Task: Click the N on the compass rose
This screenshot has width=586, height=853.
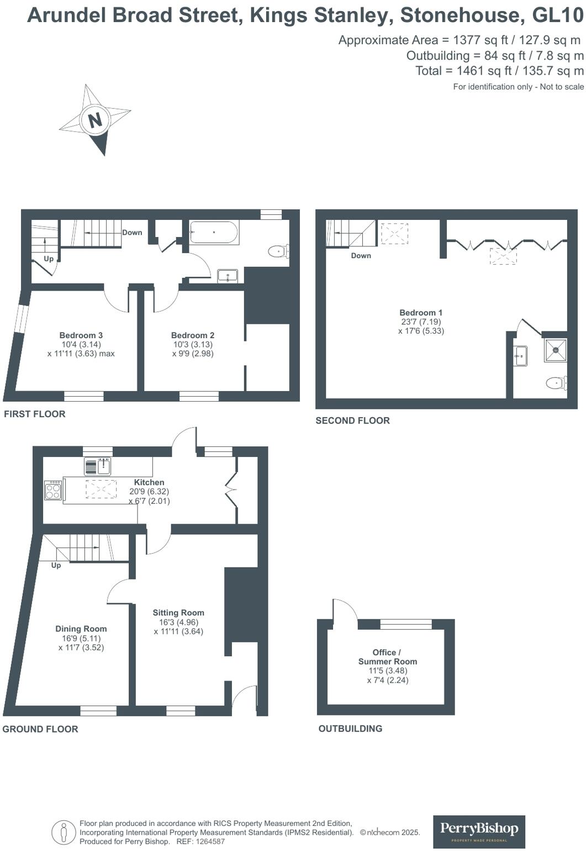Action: point(95,120)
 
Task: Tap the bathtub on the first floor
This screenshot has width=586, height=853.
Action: point(214,233)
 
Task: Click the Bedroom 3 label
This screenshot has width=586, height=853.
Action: point(81,335)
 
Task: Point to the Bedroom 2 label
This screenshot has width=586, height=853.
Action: point(193,335)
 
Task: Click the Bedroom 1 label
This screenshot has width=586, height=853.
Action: point(421,313)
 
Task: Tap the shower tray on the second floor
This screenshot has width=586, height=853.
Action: point(555,350)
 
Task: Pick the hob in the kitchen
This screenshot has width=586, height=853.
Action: point(53,491)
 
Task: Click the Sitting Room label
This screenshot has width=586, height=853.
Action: point(178,613)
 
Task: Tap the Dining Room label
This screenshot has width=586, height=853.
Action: point(81,629)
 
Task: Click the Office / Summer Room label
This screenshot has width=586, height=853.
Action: point(388,657)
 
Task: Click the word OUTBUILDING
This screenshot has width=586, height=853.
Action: point(350,729)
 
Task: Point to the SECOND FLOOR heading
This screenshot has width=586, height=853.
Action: point(352,420)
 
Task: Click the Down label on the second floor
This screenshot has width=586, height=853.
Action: point(361,256)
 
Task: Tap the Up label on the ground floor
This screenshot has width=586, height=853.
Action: point(56,566)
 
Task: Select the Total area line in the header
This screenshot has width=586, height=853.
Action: point(499,71)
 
